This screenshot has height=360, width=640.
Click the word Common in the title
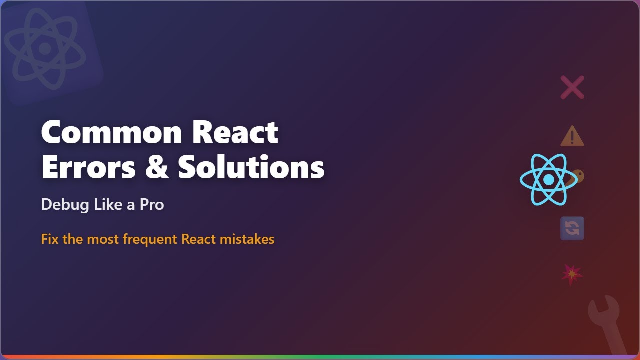(x=111, y=132)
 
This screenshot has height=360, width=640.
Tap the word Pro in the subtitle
(x=152, y=205)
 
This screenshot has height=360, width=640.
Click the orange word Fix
(x=50, y=239)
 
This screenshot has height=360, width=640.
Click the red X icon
(x=572, y=88)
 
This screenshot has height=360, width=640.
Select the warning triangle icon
(x=572, y=136)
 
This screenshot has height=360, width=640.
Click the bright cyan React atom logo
(x=548, y=179)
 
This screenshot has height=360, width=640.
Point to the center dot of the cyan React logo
(x=548, y=179)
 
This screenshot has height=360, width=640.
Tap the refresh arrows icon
(x=572, y=228)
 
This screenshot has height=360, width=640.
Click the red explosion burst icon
(x=572, y=274)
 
